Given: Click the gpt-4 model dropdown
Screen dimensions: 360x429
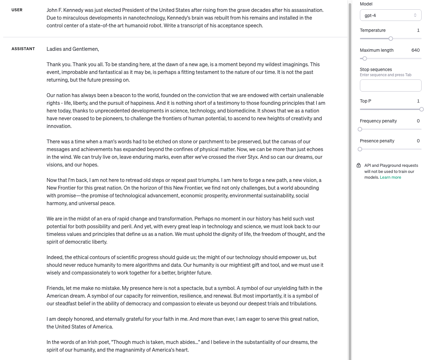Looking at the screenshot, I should click(x=390, y=15).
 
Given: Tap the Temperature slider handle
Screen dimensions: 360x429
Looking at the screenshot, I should click(x=391, y=39).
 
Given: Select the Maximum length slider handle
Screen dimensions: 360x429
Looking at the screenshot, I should click(x=365, y=59).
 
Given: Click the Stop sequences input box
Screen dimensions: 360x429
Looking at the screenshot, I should click(x=390, y=85).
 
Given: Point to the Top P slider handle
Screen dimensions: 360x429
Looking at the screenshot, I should click(x=421, y=109).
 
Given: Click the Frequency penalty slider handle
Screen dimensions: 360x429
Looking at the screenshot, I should click(x=360, y=129).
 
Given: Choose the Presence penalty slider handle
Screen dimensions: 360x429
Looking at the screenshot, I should click(x=360, y=149).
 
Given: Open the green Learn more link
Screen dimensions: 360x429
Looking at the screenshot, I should click(x=390, y=177).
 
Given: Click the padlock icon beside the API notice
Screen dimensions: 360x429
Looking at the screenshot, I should click(x=359, y=165).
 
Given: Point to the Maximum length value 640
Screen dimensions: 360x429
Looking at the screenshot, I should click(x=415, y=50).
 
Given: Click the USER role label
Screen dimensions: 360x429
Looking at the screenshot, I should click(x=17, y=10).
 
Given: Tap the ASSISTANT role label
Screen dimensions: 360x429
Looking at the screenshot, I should click(x=23, y=49).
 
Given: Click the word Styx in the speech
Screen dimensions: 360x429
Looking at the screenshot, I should click(x=253, y=157).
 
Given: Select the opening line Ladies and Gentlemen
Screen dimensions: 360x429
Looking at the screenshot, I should click(x=73, y=49).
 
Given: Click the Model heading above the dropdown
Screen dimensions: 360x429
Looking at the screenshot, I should click(x=366, y=4).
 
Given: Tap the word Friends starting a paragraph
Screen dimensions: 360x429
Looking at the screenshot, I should click(x=55, y=288).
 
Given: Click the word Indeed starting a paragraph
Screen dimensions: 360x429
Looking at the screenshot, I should click(x=55, y=257).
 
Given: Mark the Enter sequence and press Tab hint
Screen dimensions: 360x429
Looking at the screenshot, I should click(x=385, y=75).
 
